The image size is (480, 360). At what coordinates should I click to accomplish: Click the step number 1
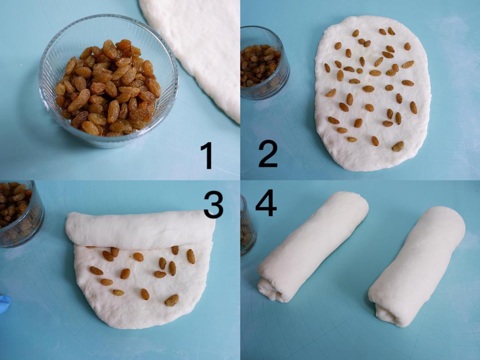(207, 155)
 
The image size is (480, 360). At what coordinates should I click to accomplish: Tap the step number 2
(268, 153)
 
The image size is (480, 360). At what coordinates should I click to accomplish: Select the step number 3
(213, 204)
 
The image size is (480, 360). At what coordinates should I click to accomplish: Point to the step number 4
(266, 203)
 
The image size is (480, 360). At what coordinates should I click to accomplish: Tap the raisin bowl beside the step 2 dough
(264, 63)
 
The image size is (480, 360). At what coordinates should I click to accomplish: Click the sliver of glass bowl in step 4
(248, 226)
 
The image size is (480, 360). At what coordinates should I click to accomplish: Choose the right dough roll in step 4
(417, 266)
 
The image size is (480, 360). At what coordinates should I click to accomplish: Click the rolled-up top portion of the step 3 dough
(140, 229)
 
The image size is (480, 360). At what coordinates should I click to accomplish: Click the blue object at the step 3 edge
(5, 304)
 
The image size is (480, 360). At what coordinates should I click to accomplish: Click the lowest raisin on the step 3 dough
(172, 300)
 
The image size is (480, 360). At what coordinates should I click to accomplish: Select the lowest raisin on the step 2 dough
(398, 146)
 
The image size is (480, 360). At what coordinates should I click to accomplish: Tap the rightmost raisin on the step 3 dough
(191, 256)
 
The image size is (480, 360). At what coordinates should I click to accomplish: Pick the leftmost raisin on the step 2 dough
(327, 68)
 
